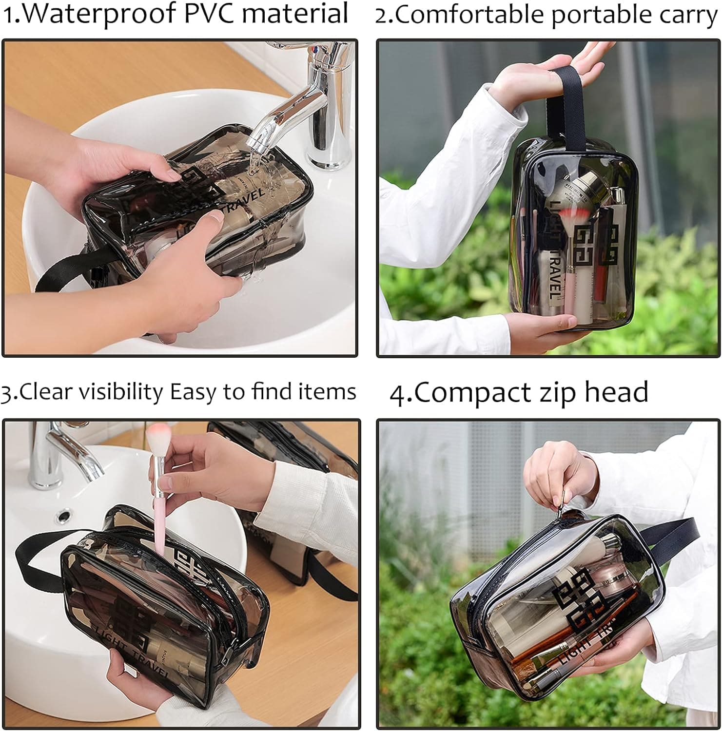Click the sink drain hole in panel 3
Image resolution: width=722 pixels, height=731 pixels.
coord(64,514)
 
